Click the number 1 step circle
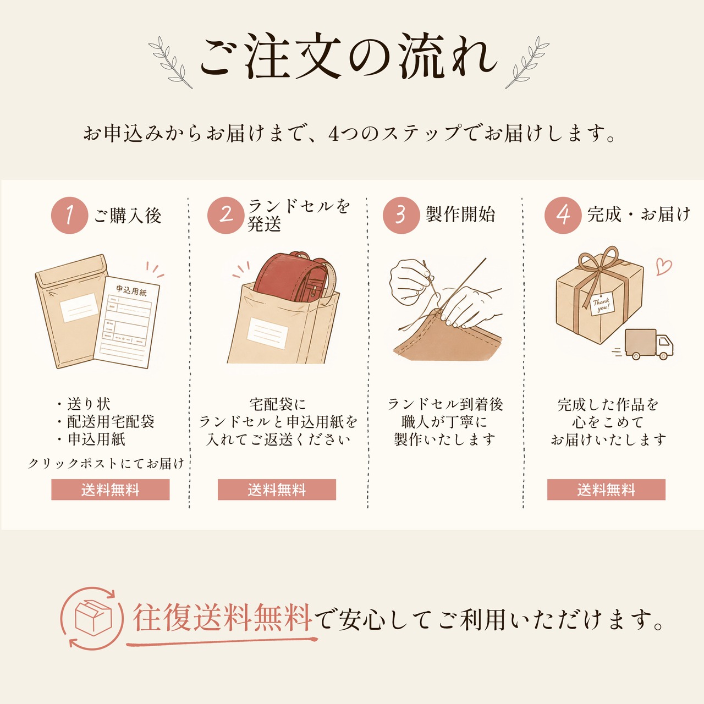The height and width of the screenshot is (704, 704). (x=69, y=215)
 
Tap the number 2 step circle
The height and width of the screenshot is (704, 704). (x=226, y=215)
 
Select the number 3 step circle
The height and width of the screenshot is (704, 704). (x=401, y=215)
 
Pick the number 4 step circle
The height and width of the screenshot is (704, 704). (x=563, y=215)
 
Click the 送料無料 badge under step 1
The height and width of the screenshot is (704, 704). (x=111, y=490)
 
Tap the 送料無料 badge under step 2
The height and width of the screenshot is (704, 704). (x=277, y=490)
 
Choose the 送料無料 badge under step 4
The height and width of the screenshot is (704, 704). (x=606, y=490)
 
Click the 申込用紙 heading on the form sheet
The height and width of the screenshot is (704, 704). (x=131, y=290)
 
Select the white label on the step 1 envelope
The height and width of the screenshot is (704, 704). (x=79, y=308)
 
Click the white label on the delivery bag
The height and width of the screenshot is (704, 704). (x=268, y=333)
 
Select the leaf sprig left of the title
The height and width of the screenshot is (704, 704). (x=170, y=63)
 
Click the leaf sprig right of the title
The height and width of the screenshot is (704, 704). (x=527, y=63)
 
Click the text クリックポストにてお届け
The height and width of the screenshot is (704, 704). (x=106, y=463)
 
